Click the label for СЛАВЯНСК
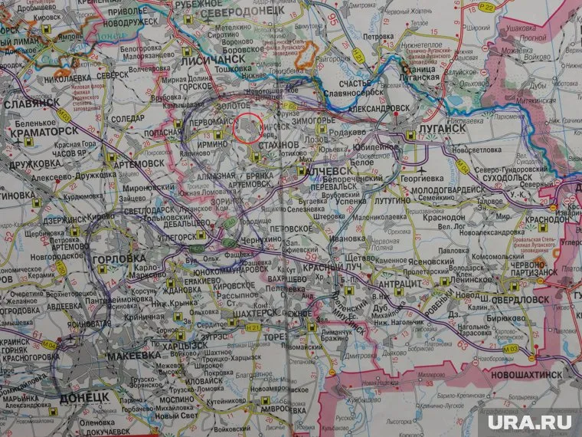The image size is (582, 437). pyautogui.click(x=31, y=103)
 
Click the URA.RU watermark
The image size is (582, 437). pyautogui.click(x=536, y=419)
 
